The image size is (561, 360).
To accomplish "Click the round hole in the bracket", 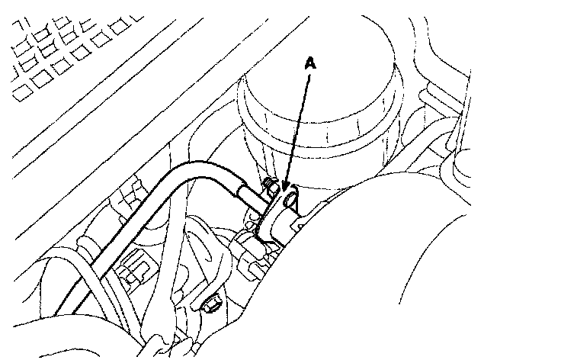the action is click(x=290, y=201).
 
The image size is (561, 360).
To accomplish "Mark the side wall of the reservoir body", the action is click(x=335, y=145).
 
